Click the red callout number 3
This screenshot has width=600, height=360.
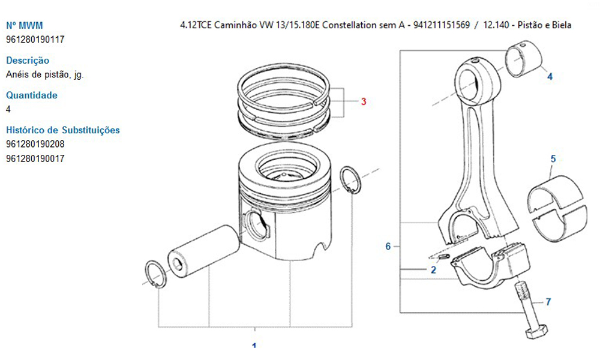click(364, 101)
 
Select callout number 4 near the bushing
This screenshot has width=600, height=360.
click(550, 77)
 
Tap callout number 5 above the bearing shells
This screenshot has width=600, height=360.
click(553, 159)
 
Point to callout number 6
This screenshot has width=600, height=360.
click(388, 247)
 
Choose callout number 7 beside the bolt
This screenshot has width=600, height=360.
click(548, 302)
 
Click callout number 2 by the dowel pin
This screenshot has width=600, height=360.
click(433, 270)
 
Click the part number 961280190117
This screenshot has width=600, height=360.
click(35, 40)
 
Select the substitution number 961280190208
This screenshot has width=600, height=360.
click(35, 144)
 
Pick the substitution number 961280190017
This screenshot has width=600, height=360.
click(35, 158)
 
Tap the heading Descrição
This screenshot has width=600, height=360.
click(28, 61)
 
